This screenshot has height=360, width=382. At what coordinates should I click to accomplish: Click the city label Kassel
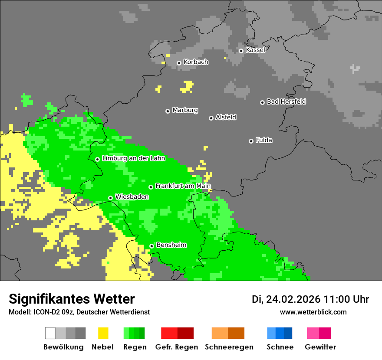pos(255,50)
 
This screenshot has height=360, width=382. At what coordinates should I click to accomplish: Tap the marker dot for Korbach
pos(179,63)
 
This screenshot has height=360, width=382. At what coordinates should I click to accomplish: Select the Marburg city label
pos(185,110)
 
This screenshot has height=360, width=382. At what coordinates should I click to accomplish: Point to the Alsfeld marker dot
pos(211,118)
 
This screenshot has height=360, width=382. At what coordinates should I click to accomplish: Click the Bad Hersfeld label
pos(286,101)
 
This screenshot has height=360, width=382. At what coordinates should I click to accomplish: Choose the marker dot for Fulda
pos(251,141)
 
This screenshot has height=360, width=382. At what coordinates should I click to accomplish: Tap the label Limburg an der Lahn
pos(133,158)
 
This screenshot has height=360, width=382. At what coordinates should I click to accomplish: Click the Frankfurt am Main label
pos(183,186)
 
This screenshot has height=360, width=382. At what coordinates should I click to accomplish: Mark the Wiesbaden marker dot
pos(111,198)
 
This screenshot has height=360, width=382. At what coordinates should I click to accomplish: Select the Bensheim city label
pos(171,245)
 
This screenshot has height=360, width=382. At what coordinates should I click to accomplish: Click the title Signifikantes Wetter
pos(72,299)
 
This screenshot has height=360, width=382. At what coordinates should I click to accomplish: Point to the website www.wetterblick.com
pos(313,312)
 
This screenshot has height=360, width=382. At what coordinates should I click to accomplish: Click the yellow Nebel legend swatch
pos(103,333)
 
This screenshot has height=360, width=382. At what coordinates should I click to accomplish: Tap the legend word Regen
pos(135,347)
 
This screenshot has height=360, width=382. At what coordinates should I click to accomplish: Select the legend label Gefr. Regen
pos(177,347)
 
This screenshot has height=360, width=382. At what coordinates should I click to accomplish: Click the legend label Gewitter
pos(320,347)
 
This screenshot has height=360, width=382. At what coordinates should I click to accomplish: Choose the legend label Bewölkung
pos(63,347)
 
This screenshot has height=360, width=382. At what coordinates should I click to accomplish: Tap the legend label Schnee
pos(280,347)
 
